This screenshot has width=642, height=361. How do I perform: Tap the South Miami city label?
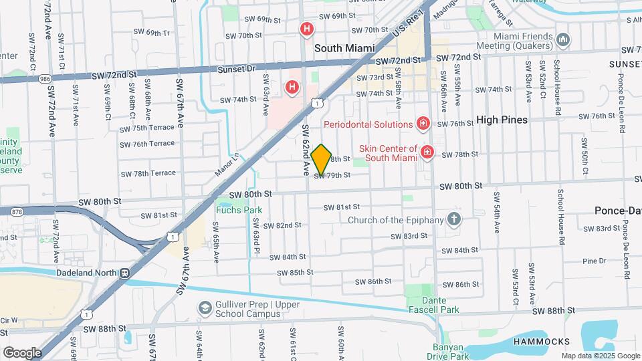pos(344,48)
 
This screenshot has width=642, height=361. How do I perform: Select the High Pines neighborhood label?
pos(502,120)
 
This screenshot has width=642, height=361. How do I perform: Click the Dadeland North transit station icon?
pos(124,273)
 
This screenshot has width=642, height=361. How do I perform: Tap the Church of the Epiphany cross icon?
pos(454,219)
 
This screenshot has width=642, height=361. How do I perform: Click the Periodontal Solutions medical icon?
pos(423,124)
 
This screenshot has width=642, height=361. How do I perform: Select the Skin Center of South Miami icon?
pos(427,154)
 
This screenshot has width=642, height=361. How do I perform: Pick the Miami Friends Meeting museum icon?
pos(563,41)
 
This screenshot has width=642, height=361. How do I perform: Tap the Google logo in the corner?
pos(22,352)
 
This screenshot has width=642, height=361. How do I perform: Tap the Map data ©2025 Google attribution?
pos(601,356)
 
